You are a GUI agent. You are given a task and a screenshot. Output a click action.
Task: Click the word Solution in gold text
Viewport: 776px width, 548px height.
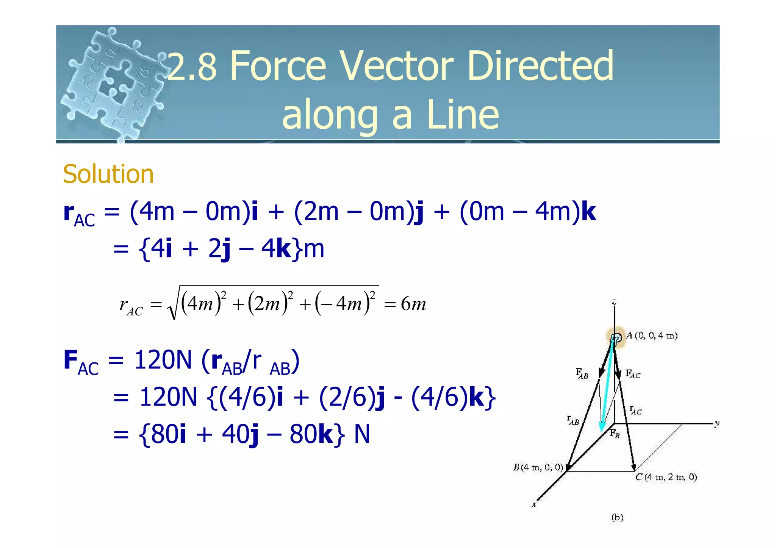[x=108, y=174]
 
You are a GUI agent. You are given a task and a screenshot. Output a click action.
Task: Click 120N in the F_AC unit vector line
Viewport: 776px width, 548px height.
[x=168, y=397]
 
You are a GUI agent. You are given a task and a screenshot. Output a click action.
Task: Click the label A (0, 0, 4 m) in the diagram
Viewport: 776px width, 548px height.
[x=652, y=336]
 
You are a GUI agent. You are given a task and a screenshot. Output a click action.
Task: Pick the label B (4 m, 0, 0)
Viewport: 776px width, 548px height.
[x=538, y=467]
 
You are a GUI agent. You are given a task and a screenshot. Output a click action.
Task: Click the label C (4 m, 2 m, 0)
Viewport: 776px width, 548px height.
[x=666, y=477]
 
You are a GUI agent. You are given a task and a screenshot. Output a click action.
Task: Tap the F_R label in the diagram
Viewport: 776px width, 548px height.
[x=615, y=434]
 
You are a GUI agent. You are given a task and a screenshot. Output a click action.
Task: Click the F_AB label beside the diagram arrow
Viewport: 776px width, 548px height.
[x=582, y=373]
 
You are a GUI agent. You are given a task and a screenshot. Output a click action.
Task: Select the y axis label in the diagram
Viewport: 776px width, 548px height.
[x=717, y=423]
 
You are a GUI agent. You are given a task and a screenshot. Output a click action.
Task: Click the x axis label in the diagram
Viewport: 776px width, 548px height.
[x=534, y=504]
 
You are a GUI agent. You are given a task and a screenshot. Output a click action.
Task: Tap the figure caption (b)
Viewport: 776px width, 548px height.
[x=617, y=517]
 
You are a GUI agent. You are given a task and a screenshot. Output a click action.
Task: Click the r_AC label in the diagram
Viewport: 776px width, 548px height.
[x=635, y=411]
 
